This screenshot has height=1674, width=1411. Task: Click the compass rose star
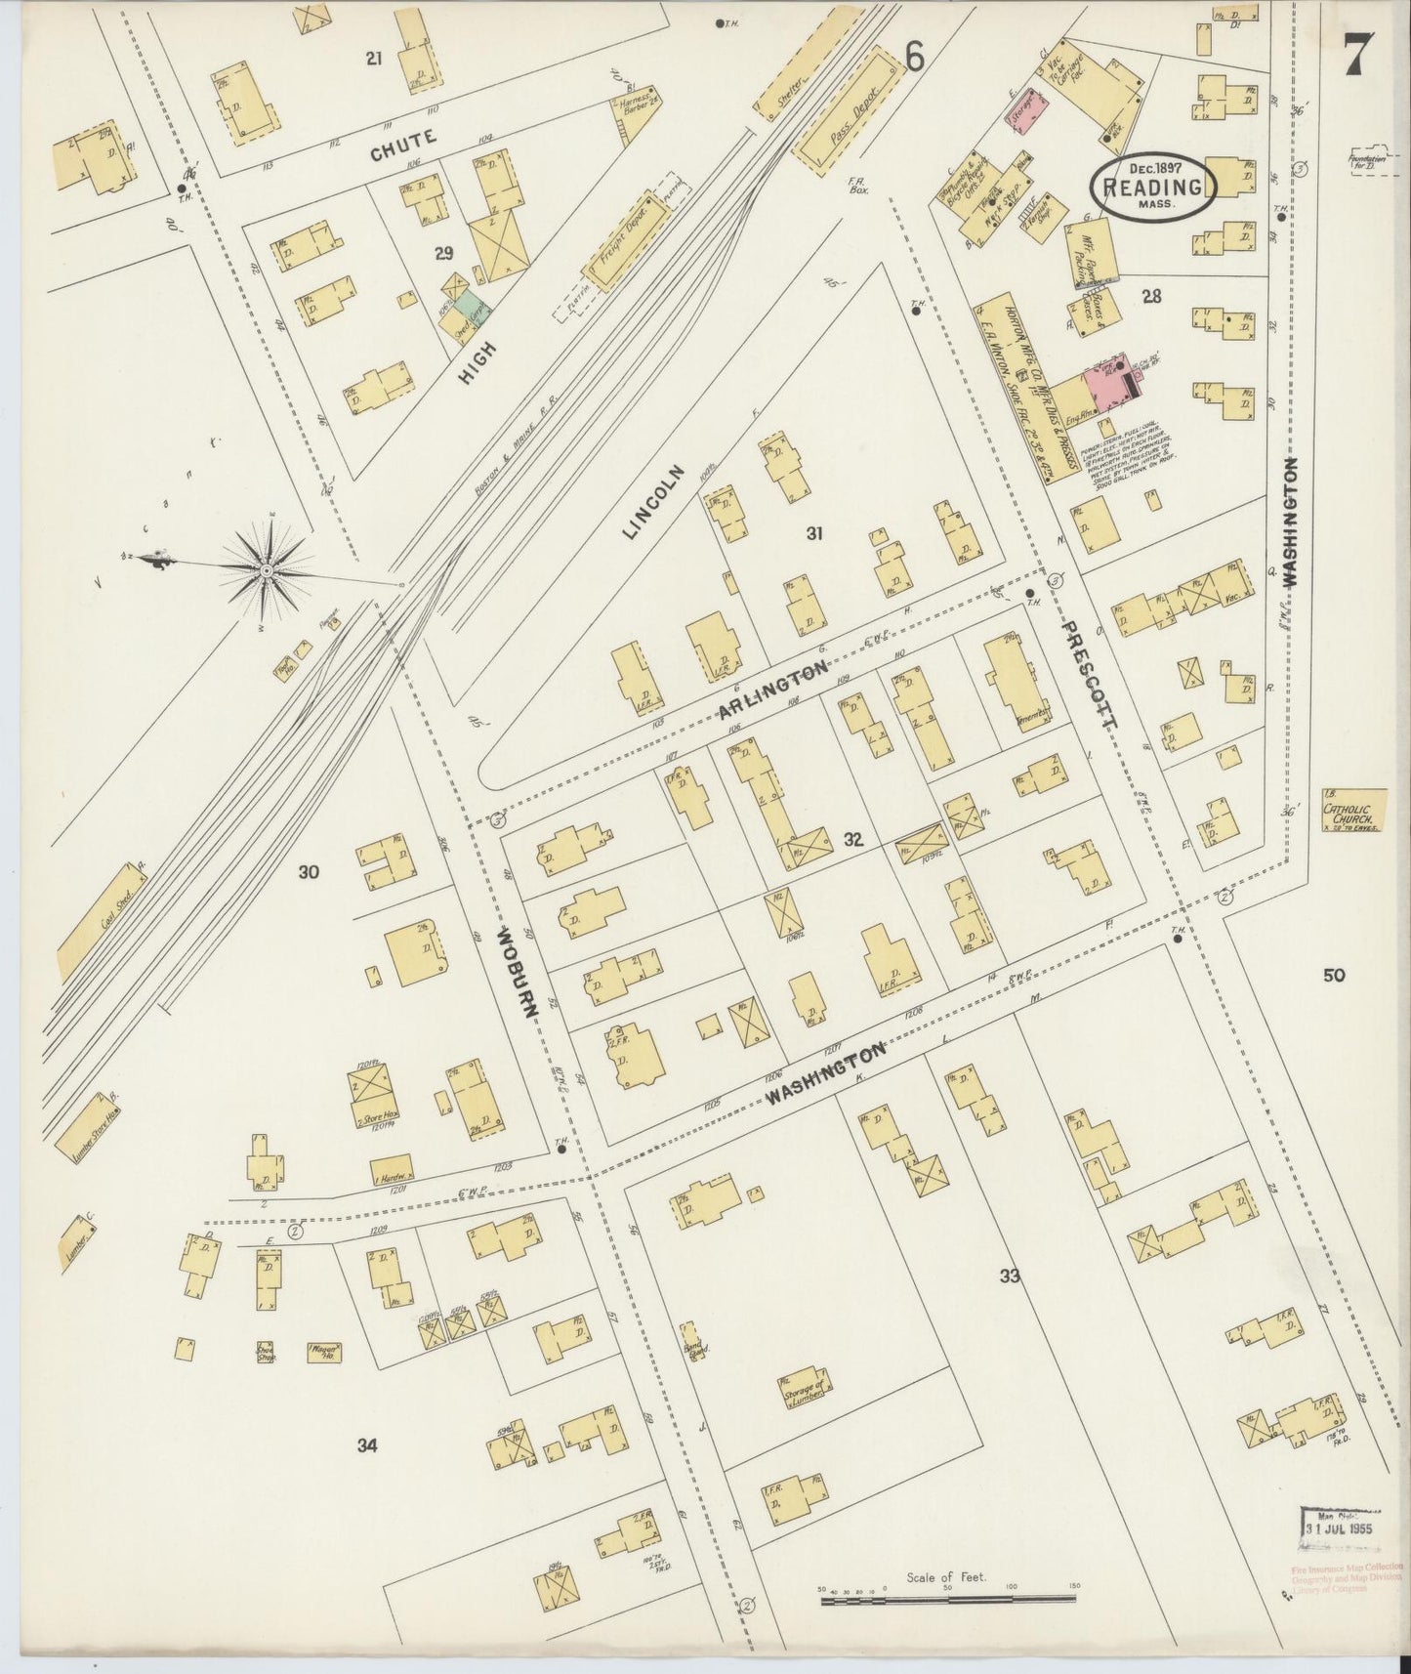tap(266, 569)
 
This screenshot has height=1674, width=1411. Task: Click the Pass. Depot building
tap(848, 116)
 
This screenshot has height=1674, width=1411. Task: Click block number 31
tap(815, 533)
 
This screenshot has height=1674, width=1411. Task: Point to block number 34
tap(367, 1445)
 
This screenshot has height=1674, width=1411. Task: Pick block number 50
tap(1334, 975)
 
